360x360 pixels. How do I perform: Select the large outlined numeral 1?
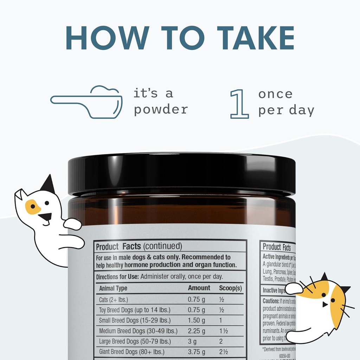[x=239, y=103]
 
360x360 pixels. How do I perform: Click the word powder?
[x=161, y=109]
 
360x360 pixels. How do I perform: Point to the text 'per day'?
[x=286, y=110]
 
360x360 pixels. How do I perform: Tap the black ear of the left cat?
[x=48, y=185]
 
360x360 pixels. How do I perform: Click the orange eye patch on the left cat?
[x=33, y=207]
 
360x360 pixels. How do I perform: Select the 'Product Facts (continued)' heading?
[x=139, y=246]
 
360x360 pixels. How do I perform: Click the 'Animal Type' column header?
[x=113, y=288]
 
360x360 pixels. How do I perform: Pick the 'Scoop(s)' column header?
[x=230, y=288]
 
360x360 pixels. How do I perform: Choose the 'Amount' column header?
[x=199, y=288]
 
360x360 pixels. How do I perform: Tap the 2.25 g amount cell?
[x=197, y=331]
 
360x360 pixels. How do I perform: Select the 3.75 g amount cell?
[x=197, y=352]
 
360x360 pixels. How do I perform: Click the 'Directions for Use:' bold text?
[x=117, y=277]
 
